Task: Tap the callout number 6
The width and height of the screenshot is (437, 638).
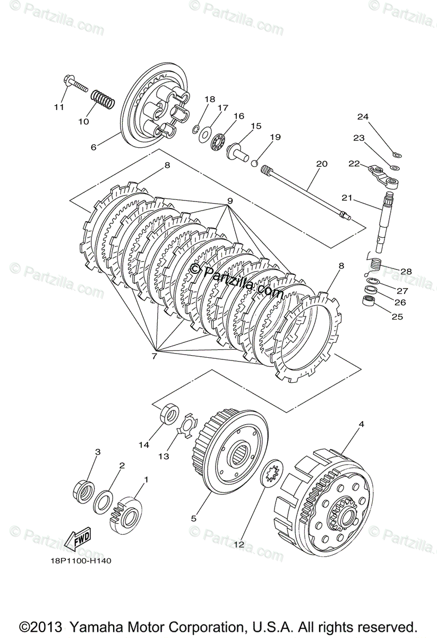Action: (x=93, y=147)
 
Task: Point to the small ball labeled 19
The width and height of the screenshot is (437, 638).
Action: (x=254, y=163)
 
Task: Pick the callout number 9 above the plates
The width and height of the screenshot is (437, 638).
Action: (x=230, y=201)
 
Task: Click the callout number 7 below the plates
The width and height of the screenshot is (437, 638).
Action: (x=154, y=356)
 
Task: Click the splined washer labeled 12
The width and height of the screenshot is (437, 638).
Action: (x=272, y=472)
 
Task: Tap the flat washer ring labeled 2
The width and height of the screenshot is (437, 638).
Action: (x=103, y=499)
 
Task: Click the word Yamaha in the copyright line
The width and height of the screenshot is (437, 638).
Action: (x=99, y=626)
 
